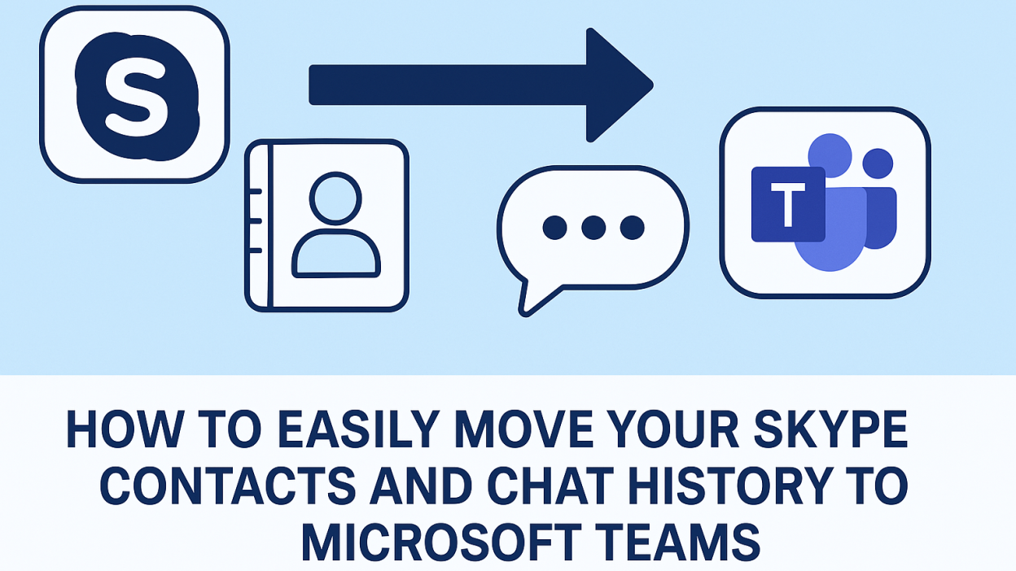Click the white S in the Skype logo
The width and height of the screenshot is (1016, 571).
(138, 96)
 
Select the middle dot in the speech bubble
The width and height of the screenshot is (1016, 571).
(593, 227)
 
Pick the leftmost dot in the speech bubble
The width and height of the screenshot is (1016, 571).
(554, 227)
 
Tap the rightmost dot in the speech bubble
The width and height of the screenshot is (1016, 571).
(633, 227)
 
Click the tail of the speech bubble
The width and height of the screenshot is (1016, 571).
(535, 297)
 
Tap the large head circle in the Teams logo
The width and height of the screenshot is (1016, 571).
(830, 155)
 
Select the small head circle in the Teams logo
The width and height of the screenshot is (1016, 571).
(878, 163)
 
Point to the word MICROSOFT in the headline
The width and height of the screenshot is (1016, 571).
(442, 542)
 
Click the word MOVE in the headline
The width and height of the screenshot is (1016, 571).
(524, 429)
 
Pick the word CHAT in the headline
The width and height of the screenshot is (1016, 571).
(551, 486)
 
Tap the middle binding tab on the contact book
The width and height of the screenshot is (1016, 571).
(254, 221)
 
